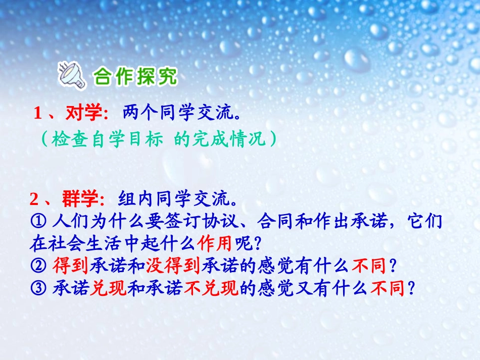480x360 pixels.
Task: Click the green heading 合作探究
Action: click(x=135, y=77)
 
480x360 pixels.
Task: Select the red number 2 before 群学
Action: click(x=34, y=200)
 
